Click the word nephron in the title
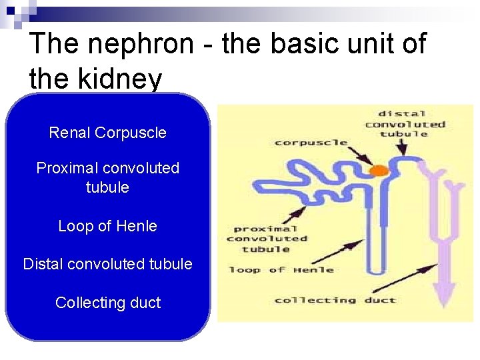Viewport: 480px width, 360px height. click(x=140, y=45)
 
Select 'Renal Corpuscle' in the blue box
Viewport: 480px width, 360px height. click(x=107, y=133)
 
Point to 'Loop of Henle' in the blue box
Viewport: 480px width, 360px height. click(x=107, y=226)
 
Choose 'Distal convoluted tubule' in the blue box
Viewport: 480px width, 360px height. click(x=107, y=264)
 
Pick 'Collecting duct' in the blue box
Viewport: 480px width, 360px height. click(x=107, y=303)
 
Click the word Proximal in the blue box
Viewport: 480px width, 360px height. click(x=68, y=168)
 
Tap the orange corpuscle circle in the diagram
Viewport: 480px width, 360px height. click(x=379, y=171)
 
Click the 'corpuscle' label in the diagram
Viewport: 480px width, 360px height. click(x=311, y=142)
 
